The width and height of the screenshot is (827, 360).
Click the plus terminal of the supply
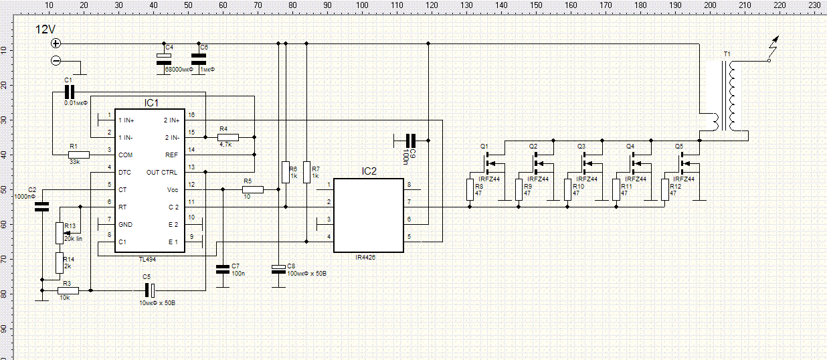(56, 43)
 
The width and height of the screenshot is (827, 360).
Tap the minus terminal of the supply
(56, 61)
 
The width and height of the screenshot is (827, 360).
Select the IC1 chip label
(151, 103)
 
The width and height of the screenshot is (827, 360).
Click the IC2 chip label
(369, 172)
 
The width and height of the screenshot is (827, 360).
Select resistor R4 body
(228, 137)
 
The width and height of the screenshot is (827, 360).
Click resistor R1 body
(79, 155)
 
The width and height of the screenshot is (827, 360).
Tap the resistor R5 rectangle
(253, 189)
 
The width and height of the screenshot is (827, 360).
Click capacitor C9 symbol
(411, 141)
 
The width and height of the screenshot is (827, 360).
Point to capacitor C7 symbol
(223, 270)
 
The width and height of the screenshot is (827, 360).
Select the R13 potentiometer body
(59, 233)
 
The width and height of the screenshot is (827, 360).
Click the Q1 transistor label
(484, 146)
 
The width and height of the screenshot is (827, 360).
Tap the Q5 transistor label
(679, 146)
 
